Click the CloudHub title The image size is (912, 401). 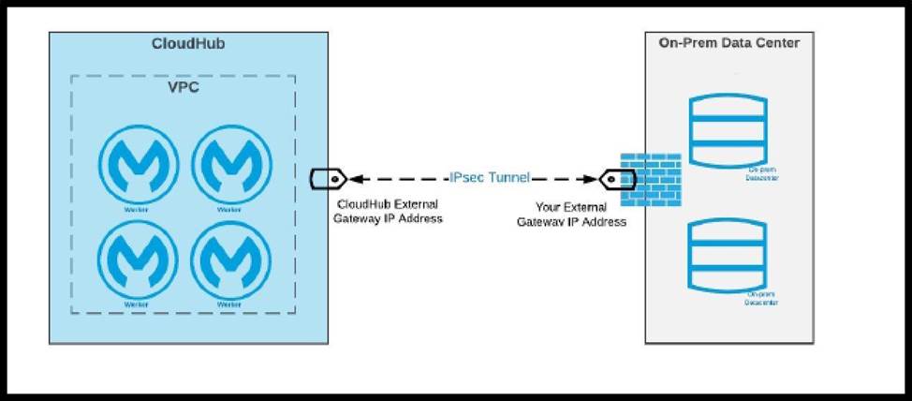click(187, 44)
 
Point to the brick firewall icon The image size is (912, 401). click(651, 177)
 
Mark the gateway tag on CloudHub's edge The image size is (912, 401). click(328, 177)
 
